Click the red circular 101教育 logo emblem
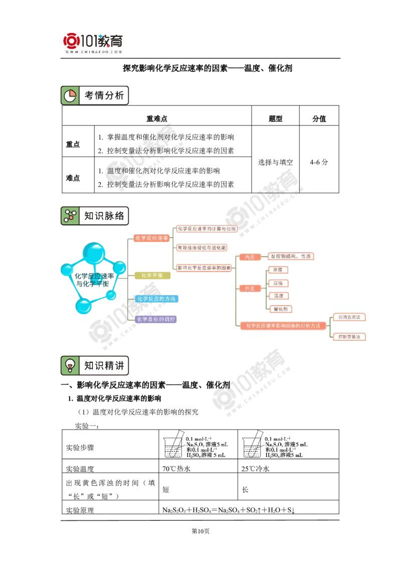tap(72, 41)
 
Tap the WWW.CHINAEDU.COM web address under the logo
tap(94, 52)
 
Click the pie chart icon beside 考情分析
tap(70, 95)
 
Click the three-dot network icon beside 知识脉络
tap(70, 216)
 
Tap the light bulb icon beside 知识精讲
tap(70, 365)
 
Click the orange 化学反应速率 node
tap(151, 238)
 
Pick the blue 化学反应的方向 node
tap(156, 299)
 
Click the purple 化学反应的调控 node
tap(156, 319)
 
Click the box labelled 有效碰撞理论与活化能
tap(202, 248)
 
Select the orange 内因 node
tap(250, 257)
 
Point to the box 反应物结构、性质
tap(291, 256)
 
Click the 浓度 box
tap(278, 270)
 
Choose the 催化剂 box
tap(280, 309)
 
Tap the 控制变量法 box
tap(349, 337)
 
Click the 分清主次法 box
tap(349, 318)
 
